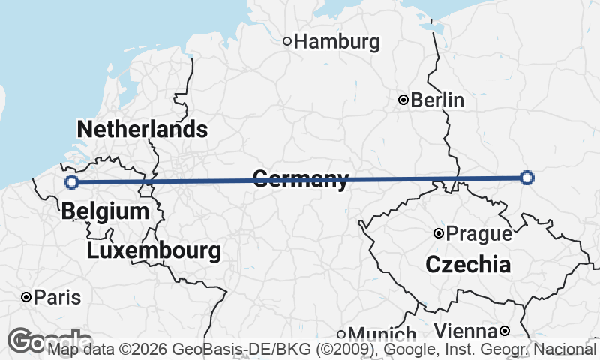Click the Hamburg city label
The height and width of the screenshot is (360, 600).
[x=337, y=42]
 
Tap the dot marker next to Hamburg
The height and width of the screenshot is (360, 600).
[x=286, y=41]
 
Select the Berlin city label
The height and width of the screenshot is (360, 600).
[x=437, y=100]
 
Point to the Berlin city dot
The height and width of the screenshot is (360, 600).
[x=403, y=100]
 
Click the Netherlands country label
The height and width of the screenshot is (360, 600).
[x=142, y=129]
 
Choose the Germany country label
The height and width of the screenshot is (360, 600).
[x=301, y=179]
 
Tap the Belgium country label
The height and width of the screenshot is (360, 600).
[x=105, y=211]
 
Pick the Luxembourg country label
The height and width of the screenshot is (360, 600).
[x=154, y=250]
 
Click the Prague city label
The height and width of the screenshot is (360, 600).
[x=478, y=234]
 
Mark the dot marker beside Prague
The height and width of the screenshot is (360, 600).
[x=439, y=233]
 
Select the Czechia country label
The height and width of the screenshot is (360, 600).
[x=468, y=264]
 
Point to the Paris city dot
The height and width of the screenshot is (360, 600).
[x=26, y=298]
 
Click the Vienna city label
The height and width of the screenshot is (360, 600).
[x=466, y=331]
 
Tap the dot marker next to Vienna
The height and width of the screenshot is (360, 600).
[x=505, y=331]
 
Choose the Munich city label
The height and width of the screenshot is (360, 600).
[x=382, y=334]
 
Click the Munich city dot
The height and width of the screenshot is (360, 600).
[x=341, y=334]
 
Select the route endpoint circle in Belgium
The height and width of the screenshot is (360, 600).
[x=71, y=181]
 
